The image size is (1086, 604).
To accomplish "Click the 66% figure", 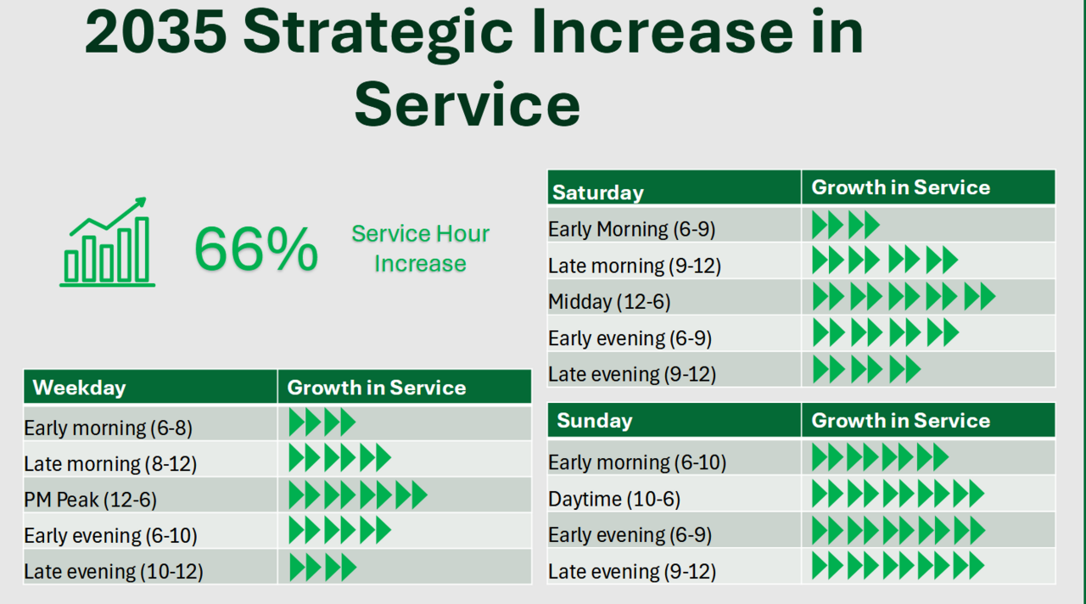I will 255,249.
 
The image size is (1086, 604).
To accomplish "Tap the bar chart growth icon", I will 108,243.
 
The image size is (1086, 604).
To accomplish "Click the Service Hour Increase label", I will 420,249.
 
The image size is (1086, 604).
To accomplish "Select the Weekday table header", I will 79,388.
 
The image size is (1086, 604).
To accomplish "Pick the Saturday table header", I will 598,192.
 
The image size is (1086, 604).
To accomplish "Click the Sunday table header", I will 595,421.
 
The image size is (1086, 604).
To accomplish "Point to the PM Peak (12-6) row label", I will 91,500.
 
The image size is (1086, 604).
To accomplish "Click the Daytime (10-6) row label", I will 614,499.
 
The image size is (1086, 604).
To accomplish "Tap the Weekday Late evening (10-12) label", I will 114,572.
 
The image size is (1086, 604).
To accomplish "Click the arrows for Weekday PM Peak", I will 357,495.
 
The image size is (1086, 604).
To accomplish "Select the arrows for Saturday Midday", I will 903,297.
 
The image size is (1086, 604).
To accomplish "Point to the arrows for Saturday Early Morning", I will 845,225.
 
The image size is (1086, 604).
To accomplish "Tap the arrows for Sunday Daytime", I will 898,493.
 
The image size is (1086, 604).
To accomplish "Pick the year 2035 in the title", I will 156,32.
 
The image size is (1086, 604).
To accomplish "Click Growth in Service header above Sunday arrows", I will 900,421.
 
